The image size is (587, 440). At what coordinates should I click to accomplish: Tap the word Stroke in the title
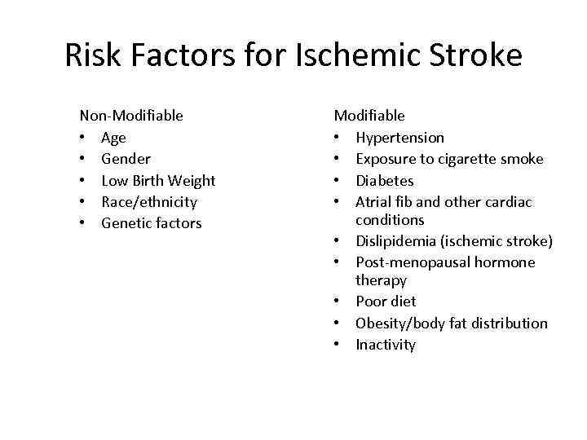click(476, 55)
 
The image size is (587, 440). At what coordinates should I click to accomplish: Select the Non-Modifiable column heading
click(131, 116)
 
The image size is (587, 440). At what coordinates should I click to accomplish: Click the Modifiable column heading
click(369, 116)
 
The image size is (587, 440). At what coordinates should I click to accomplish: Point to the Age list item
click(113, 138)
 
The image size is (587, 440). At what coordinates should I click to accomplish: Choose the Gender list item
click(126, 159)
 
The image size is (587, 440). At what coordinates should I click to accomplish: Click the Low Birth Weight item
click(158, 180)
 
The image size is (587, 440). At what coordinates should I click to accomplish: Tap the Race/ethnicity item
click(149, 201)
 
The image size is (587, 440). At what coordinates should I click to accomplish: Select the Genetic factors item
click(151, 222)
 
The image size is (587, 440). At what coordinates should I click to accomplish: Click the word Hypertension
click(399, 138)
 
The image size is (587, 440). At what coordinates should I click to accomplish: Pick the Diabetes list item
click(385, 180)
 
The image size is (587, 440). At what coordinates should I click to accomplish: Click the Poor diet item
click(386, 301)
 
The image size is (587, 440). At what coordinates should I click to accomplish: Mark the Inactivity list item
click(386, 345)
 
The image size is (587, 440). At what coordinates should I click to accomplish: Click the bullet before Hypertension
click(338, 138)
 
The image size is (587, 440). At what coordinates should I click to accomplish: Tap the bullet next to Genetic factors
click(83, 222)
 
